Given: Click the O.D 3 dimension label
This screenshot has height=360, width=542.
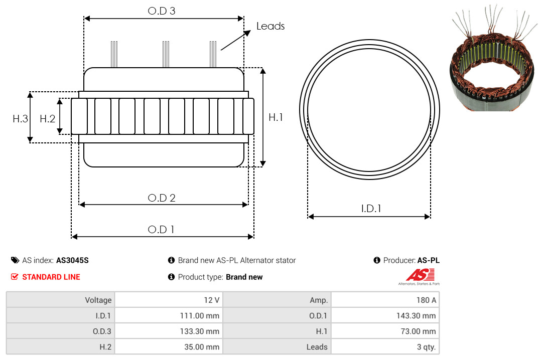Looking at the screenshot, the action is click(162, 11).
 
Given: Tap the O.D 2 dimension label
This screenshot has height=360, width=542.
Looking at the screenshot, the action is click(162, 198).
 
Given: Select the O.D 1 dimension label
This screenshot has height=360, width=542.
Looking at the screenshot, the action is click(161, 230).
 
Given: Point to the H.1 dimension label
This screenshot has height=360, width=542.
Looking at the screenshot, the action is click(276, 117).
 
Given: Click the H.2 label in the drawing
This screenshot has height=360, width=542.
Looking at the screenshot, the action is click(47, 119).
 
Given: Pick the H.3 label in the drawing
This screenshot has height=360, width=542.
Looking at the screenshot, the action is click(20, 119).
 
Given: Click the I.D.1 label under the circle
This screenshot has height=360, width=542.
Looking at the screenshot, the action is click(371, 209).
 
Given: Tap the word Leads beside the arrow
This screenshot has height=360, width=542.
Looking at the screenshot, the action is click(270, 26).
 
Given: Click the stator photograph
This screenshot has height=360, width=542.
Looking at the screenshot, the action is click(494, 58).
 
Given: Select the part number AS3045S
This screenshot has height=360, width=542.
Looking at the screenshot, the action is click(72, 260).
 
